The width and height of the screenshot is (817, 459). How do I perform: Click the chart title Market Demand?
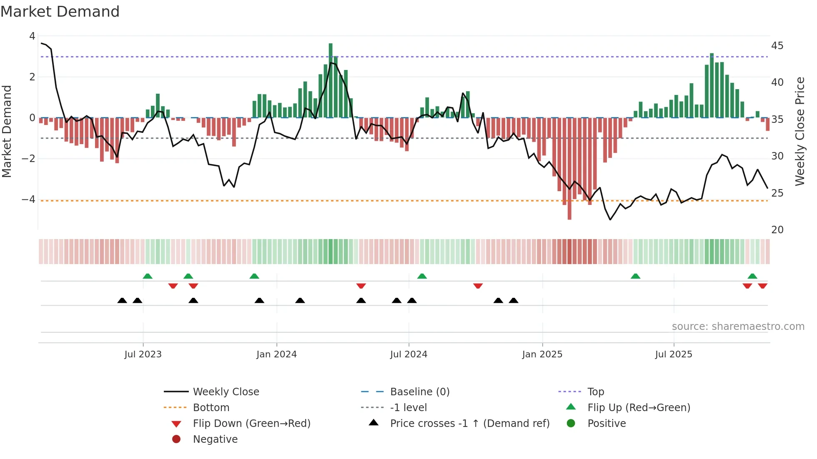(x=60, y=12)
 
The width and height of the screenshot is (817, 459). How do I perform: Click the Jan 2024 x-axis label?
(x=276, y=354)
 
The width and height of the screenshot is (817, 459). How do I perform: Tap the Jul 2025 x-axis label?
(x=673, y=354)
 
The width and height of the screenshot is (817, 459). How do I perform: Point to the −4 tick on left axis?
(x=28, y=200)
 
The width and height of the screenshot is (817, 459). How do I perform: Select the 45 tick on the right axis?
(x=777, y=45)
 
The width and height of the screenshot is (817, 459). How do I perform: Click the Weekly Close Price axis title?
(x=799, y=131)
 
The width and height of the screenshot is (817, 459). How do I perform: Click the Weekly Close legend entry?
(x=226, y=392)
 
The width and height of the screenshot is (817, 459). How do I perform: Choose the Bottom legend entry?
(x=211, y=408)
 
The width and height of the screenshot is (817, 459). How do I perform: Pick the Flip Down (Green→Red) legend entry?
(x=251, y=424)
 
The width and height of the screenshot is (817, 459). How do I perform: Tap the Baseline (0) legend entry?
(x=419, y=392)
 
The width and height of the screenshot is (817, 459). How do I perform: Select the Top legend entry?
(x=595, y=392)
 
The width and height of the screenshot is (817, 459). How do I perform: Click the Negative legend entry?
(x=215, y=439)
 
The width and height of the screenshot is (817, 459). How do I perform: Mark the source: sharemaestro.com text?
(x=738, y=327)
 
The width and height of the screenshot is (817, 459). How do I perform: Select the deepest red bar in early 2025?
(x=569, y=169)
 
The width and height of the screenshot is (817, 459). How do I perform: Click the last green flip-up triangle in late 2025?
(x=752, y=276)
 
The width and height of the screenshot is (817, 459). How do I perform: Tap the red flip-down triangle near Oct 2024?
(x=478, y=286)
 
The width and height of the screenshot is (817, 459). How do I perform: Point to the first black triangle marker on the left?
(x=122, y=300)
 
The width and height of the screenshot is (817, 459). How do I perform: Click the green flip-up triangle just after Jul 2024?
(x=422, y=276)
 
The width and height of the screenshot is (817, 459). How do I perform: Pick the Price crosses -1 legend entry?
(x=469, y=424)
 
